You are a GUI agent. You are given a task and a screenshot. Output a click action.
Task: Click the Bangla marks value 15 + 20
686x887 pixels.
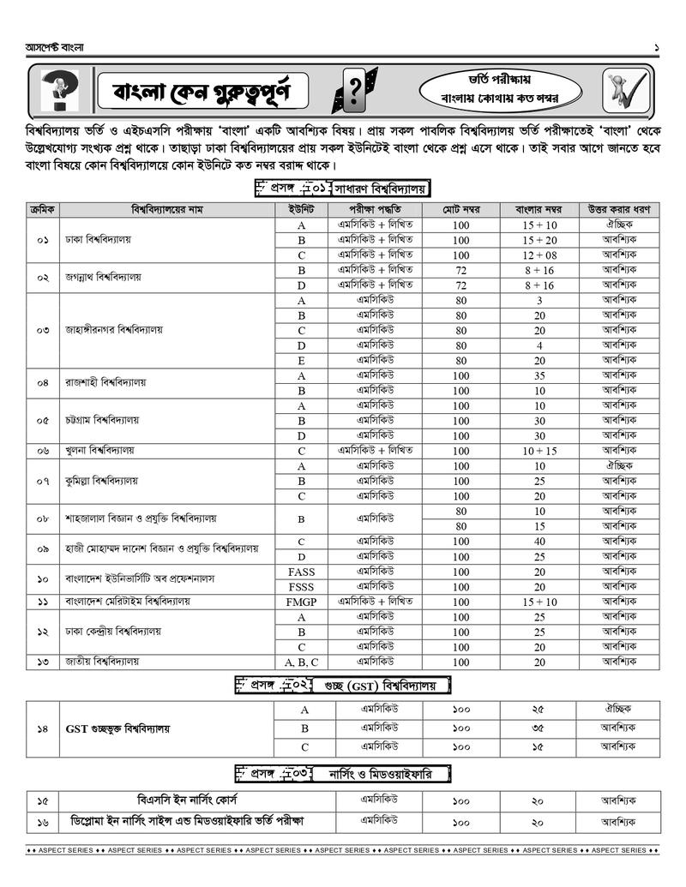(539, 241)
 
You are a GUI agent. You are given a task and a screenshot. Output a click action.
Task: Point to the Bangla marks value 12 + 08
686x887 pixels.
(539, 255)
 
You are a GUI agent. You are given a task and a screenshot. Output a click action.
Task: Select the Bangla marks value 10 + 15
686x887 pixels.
(539, 451)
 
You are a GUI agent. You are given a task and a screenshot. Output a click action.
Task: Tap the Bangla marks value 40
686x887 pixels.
(539, 542)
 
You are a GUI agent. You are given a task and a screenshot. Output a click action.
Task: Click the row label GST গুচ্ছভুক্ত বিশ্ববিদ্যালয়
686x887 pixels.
(117, 729)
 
